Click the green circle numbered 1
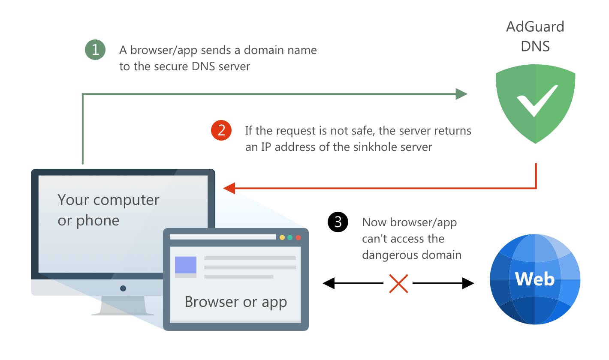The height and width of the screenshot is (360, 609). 95,50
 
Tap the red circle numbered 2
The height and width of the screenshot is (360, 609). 221,130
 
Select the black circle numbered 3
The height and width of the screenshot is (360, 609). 338,222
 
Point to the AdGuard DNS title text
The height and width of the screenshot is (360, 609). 535,36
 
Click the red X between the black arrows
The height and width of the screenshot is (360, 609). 398,283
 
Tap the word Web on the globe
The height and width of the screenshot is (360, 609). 535,279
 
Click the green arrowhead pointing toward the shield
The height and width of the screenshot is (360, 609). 461,94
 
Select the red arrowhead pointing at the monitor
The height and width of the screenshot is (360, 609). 229,188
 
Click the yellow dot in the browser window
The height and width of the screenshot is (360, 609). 282,237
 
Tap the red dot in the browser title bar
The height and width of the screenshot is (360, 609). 298,237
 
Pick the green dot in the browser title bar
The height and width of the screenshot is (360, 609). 290,237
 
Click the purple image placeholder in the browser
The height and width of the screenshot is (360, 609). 186,265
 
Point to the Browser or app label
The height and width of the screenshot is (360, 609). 235,302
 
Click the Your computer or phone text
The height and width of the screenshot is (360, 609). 108,210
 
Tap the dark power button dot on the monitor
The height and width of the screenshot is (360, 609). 123,288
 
